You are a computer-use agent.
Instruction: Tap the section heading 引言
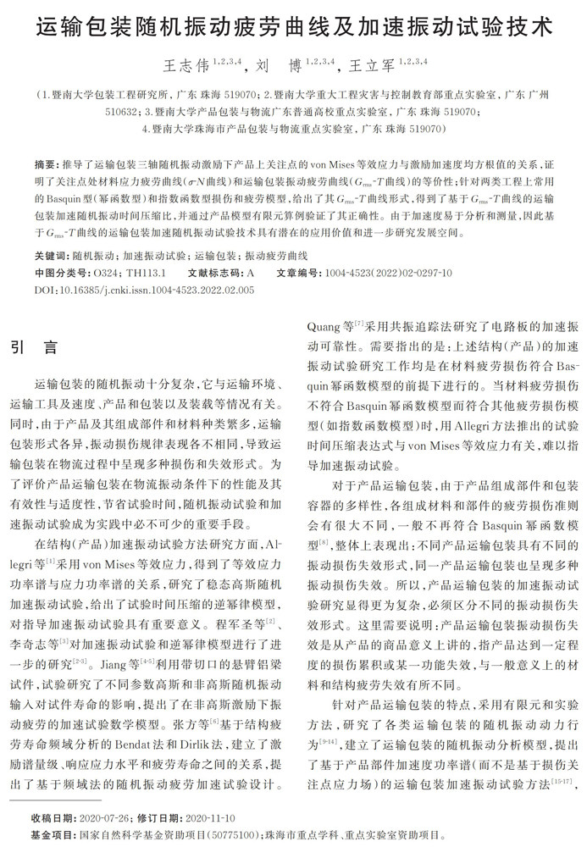click(35, 347)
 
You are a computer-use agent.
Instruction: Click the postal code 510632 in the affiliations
click(123, 111)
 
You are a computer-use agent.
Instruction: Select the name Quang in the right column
click(320, 324)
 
